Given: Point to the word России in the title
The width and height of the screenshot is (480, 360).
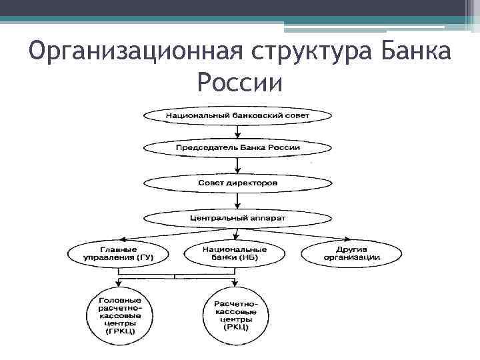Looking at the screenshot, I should pyautogui.click(x=240, y=84).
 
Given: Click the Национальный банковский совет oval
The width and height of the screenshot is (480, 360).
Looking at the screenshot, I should pyautogui.click(x=238, y=115).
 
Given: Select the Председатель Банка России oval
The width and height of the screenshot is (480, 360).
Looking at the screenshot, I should pyautogui.click(x=238, y=147).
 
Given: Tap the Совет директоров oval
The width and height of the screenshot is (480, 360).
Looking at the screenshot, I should pyautogui.click(x=238, y=182).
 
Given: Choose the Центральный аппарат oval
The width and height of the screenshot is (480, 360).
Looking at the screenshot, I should pyautogui.click(x=238, y=217).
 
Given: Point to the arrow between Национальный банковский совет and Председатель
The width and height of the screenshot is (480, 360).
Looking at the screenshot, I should pyautogui.click(x=238, y=131).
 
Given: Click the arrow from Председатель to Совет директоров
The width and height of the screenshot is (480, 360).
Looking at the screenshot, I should pyautogui.click(x=238, y=165).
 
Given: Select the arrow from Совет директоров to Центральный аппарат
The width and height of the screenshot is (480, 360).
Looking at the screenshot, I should pyautogui.click(x=238, y=200).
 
